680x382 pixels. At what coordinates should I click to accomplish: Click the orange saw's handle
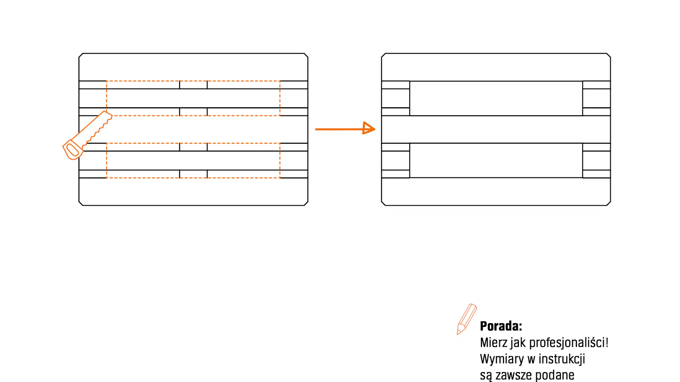(73, 150)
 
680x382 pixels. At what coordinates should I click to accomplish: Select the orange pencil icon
(466, 319)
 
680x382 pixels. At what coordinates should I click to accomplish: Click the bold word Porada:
(501, 326)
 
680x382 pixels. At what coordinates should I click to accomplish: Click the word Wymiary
(502, 359)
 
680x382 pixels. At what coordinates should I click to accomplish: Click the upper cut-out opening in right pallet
(496, 98)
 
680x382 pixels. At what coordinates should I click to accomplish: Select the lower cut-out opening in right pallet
(496, 160)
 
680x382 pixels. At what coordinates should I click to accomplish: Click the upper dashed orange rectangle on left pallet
(193, 81)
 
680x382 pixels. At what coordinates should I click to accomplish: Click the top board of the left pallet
(193, 67)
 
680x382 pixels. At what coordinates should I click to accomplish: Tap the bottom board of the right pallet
(496, 192)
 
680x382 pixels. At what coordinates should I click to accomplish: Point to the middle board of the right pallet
(496, 129)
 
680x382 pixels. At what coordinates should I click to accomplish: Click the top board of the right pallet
(496, 67)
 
